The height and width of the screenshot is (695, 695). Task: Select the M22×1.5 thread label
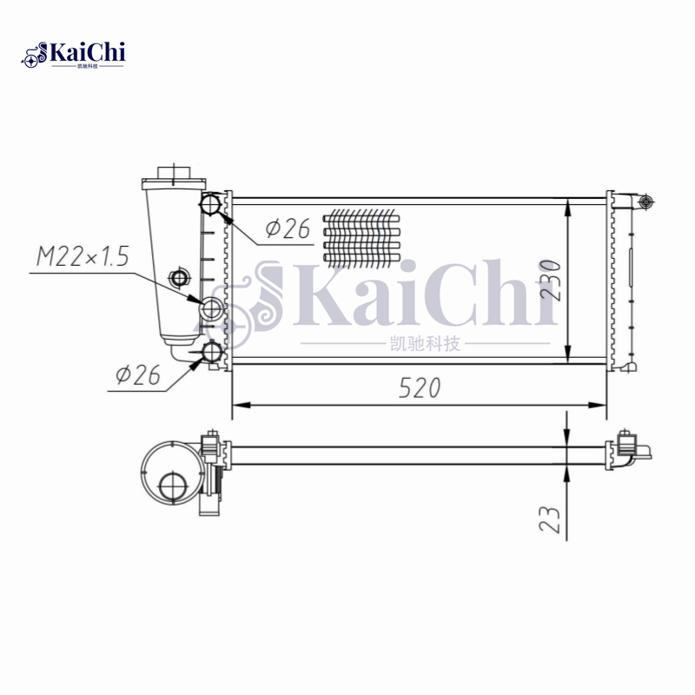point(83,256)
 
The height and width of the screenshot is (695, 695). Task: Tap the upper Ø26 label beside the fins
point(288,228)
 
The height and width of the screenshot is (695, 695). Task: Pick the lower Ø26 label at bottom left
point(138,374)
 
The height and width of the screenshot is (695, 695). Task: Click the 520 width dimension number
point(420,388)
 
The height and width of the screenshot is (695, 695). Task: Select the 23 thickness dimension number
point(550,519)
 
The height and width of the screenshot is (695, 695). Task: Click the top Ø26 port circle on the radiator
point(211,206)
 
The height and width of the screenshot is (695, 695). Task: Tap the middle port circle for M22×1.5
point(211,308)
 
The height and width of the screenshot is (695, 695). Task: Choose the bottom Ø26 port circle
point(211,352)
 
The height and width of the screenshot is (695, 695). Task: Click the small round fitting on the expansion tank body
point(180,278)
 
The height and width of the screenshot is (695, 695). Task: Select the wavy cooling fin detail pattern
point(360,235)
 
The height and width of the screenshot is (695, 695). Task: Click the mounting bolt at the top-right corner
point(644,202)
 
